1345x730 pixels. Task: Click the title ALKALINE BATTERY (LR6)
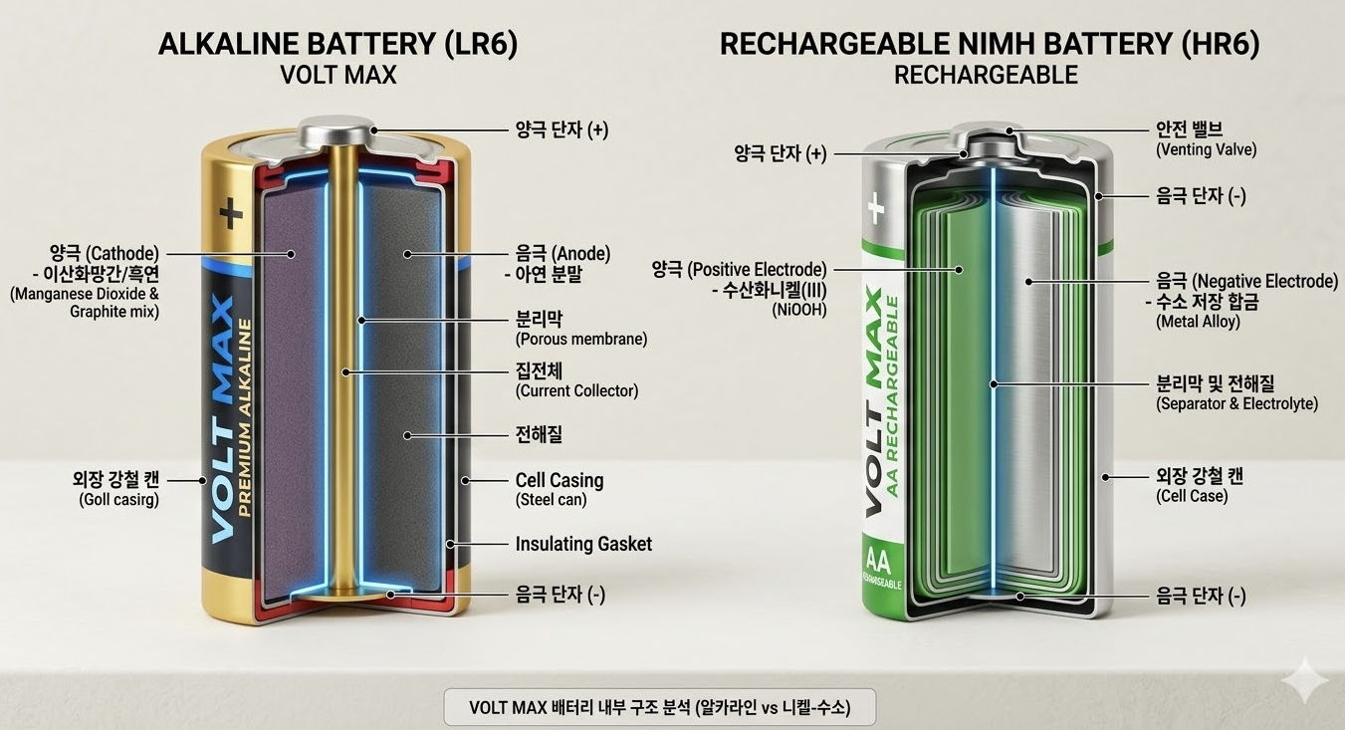pos(338,45)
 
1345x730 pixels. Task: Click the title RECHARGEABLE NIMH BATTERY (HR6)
pos(989,45)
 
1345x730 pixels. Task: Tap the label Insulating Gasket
pos(583,544)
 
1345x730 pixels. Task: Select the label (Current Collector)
pos(576,391)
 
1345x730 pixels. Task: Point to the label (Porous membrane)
pos(580,339)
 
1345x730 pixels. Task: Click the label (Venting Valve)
pos(1206,149)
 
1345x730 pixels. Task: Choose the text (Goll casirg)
pos(118,500)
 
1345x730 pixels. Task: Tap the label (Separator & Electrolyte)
pos(1236,403)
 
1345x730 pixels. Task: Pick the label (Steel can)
pos(551,500)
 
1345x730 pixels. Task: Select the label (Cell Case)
pos(1192,496)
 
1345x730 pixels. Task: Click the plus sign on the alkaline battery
pos(232,213)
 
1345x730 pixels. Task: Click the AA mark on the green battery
pos(879,559)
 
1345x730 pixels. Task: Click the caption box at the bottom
pos(660,708)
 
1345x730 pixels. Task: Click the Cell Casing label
pos(559,480)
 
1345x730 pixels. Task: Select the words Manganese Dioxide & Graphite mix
pos(85,303)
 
